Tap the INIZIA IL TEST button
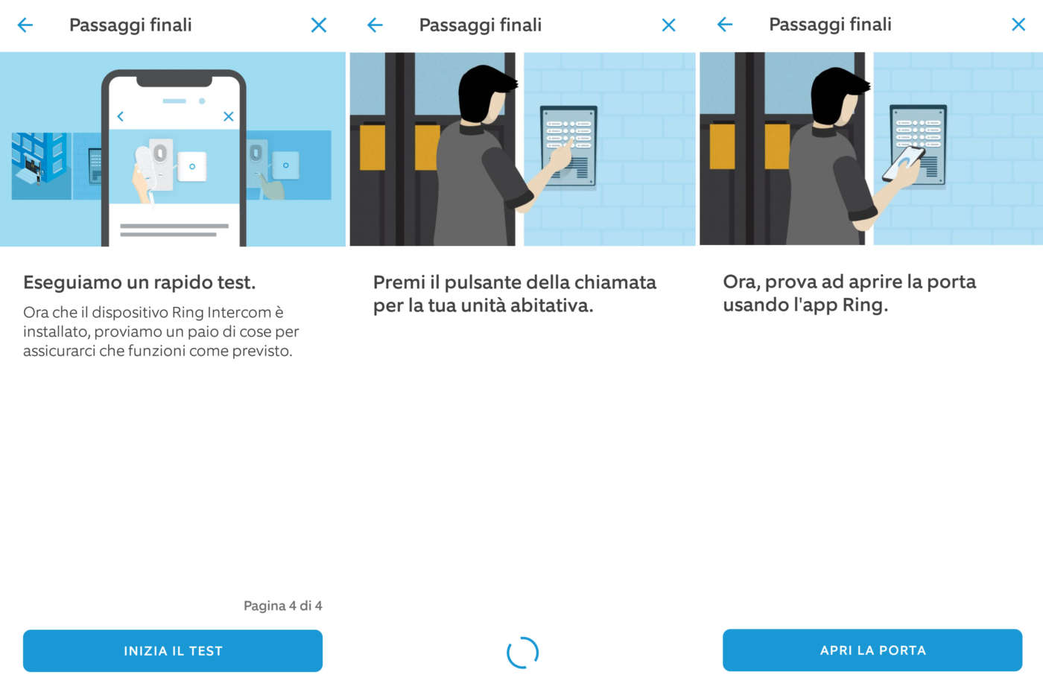173,650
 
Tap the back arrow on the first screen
25,25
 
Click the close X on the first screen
319,25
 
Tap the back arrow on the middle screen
375,25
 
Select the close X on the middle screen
669,25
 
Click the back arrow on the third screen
724,25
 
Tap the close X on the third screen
1018,25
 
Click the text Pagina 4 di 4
282,606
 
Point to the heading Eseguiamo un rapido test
139,282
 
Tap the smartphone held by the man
902,164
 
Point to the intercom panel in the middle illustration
568,146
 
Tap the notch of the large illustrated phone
174,81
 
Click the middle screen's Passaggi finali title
480,25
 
